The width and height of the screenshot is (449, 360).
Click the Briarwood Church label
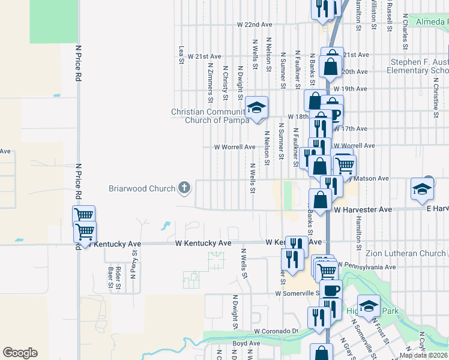pyautogui.click(x=141, y=188)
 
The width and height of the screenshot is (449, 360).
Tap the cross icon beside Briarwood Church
pyautogui.click(x=184, y=188)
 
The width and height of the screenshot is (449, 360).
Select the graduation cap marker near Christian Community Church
pyautogui.click(x=256, y=108)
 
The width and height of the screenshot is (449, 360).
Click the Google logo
pyautogui.click(x=20, y=353)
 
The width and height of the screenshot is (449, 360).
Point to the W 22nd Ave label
pyautogui.click(x=255, y=25)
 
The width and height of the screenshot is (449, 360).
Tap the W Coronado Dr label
pyautogui.click(x=276, y=331)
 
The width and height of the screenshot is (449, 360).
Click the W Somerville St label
pyautogui.click(x=298, y=293)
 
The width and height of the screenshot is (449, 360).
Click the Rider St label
pyautogui.click(x=119, y=277)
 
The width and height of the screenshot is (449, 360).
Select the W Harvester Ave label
pyautogui.click(x=363, y=209)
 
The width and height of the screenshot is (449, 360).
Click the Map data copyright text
pyautogui.click(x=423, y=355)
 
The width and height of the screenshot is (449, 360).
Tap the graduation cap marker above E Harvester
pyautogui.click(x=422, y=189)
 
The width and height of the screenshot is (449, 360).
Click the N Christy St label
pyautogui.click(x=226, y=82)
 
